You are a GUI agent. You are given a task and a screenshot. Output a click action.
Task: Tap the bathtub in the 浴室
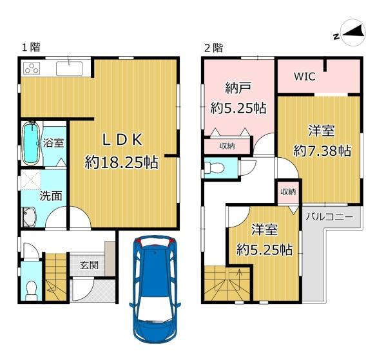[x=31, y=143]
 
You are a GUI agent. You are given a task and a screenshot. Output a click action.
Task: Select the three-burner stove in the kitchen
[x=32, y=68]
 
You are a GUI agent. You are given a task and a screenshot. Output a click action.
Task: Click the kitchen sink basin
[x=69, y=68]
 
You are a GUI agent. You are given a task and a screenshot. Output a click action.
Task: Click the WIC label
[x=305, y=77]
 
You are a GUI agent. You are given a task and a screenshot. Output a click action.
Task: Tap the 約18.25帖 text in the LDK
[x=121, y=162]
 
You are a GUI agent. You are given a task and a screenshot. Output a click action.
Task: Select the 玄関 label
[x=89, y=265]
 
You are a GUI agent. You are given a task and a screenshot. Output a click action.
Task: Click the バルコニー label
[x=330, y=217]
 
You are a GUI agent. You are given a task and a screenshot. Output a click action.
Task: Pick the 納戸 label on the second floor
[x=238, y=88]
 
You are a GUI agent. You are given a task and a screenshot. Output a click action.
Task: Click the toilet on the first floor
[x=32, y=290]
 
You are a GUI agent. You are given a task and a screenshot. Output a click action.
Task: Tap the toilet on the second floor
[x=214, y=168]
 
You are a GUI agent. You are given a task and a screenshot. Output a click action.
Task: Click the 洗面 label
[x=51, y=196]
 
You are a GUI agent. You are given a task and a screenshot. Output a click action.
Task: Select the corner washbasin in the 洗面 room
[x=30, y=217]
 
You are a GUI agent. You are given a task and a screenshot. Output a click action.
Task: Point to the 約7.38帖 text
[x=322, y=151]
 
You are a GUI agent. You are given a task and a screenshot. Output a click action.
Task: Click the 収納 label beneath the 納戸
[x=227, y=146]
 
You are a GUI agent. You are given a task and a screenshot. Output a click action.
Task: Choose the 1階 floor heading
[x=32, y=47]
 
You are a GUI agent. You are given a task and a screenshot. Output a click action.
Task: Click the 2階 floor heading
[x=214, y=48]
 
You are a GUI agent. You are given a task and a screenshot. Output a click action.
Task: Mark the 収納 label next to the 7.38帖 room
[x=288, y=192]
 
